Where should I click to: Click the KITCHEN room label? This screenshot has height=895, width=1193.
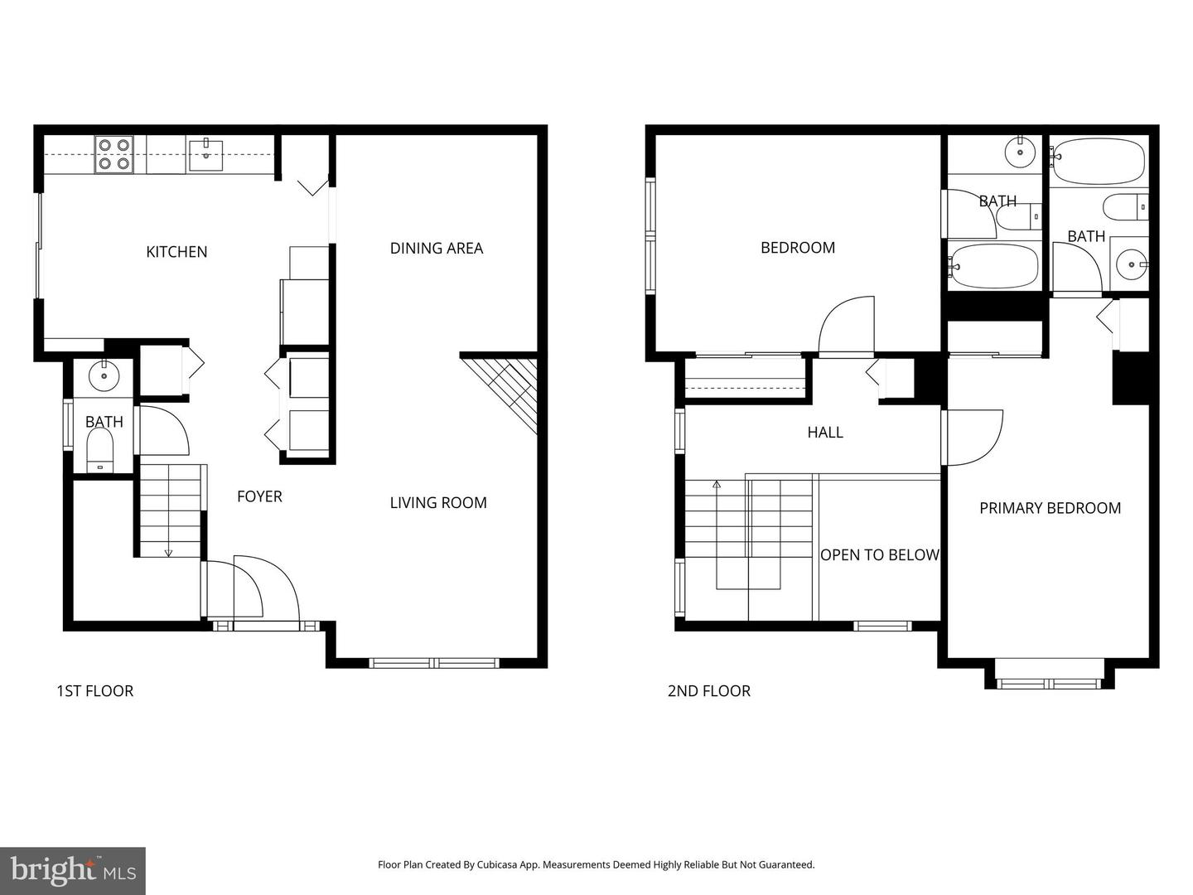pos(176,252)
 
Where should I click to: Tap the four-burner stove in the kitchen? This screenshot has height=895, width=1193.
pos(114,154)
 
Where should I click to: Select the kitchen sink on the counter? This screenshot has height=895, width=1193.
pos(205,155)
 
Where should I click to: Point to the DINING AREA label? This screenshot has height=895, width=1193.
pos(436,248)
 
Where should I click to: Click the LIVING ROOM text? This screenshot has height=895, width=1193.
pos(438,502)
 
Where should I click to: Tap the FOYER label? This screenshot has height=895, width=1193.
pos(259,496)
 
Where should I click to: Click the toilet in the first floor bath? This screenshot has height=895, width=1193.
pos(100,451)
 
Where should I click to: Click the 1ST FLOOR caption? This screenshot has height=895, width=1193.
pos(94,691)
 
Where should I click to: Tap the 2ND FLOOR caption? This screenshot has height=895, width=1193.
pos(708,691)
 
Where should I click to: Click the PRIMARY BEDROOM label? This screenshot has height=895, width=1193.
pos(1050,508)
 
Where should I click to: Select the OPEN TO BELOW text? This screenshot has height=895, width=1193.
pos(879,555)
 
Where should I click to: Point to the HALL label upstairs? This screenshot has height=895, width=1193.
pos(825,433)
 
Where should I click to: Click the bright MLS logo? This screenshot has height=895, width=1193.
pos(73,870)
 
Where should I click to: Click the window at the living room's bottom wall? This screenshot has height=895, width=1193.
pos(434,662)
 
